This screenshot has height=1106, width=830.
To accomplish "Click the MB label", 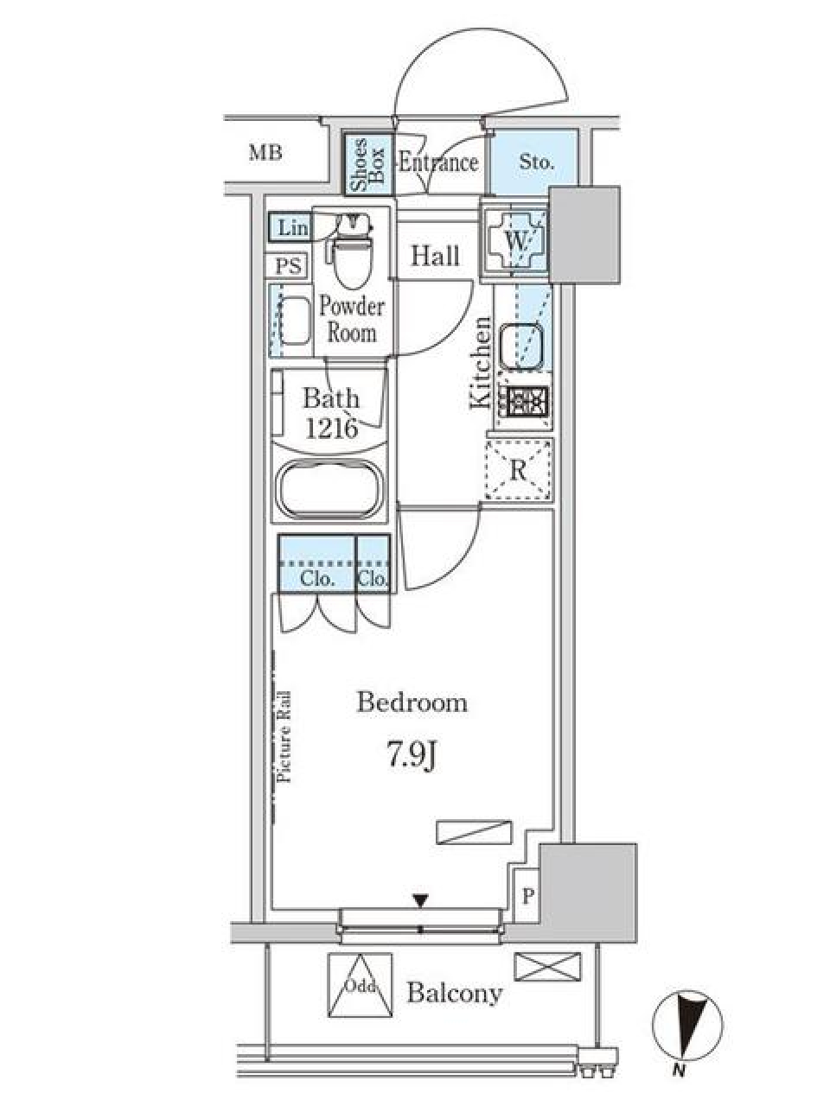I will coord(265,154).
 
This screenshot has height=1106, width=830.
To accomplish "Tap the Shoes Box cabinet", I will coord(367,163).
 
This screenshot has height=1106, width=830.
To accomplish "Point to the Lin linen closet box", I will coord(292,228).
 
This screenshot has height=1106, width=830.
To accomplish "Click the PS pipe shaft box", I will coord(288,266).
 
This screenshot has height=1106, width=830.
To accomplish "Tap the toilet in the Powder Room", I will coord(351,256).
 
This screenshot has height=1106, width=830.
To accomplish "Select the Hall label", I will coord(435,256).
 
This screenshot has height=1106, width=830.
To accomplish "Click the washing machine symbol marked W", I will coord(516,241).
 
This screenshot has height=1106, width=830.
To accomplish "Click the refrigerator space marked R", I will coord(518,470).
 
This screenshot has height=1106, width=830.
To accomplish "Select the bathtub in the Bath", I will coord(329,490).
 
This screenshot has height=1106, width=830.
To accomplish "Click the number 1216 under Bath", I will coord(330,428).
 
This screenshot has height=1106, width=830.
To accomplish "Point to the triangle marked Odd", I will coord(359,986).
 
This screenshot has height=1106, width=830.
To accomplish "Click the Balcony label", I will coord(454,993).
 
